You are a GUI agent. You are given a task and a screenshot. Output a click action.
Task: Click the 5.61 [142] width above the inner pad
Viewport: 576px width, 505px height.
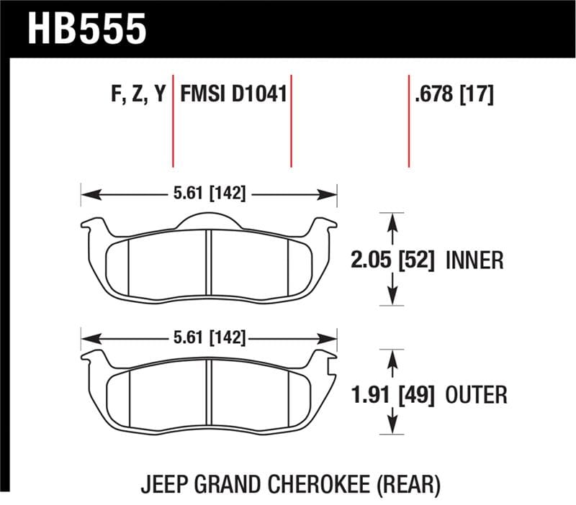point(209,194)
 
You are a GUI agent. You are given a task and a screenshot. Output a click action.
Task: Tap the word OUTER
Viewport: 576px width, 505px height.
point(476,394)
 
